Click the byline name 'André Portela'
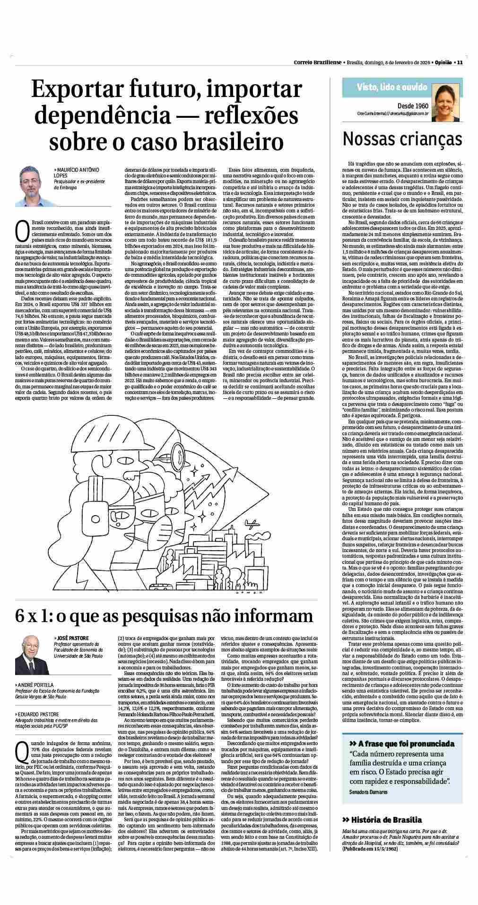coord(36,685)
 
